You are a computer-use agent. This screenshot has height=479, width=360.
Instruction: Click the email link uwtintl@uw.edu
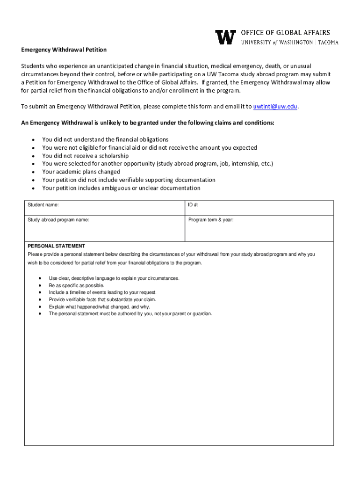(x=275, y=106)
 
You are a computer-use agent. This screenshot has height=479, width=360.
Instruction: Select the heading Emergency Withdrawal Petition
(x=64, y=50)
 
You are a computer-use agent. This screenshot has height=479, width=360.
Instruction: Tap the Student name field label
(x=43, y=205)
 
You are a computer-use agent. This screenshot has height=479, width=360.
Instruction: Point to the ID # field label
(x=194, y=205)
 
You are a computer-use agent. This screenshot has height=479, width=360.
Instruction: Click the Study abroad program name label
(x=58, y=220)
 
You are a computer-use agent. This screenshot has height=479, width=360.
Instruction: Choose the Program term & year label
(x=210, y=220)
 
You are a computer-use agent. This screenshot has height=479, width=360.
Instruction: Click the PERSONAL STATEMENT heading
(x=56, y=246)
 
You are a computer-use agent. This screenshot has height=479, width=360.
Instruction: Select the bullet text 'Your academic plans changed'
(x=81, y=172)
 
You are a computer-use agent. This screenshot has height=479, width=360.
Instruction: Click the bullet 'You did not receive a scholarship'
(x=85, y=156)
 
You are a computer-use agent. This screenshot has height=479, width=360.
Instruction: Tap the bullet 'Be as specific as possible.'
(x=77, y=285)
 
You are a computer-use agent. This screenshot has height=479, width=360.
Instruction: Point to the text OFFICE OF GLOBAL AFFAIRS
(x=285, y=33)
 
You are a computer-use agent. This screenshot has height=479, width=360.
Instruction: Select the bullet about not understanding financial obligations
(x=105, y=139)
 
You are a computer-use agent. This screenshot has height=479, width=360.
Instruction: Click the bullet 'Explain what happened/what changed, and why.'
(x=99, y=307)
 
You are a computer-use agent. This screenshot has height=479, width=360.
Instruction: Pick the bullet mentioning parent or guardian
(x=130, y=314)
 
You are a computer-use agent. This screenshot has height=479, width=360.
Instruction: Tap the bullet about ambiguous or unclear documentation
(x=121, y=188)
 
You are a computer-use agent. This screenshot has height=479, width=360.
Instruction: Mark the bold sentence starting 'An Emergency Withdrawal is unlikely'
(x=148, y=123)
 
